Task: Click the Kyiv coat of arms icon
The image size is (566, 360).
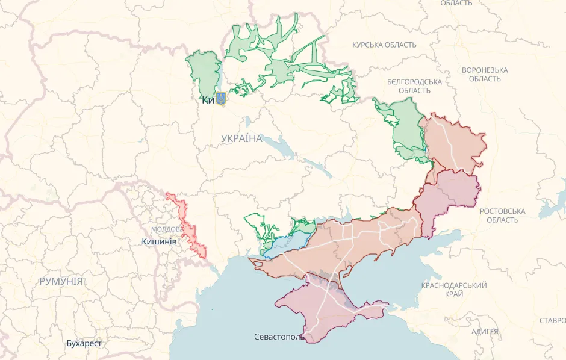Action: [220, 98]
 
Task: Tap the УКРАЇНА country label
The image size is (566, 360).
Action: [241, 138]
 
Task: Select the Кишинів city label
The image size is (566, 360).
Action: [158, 241]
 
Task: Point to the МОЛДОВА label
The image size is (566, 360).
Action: [167, 229]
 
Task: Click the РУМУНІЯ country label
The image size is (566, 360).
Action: [61, 281]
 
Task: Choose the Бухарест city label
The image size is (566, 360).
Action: [84, 343]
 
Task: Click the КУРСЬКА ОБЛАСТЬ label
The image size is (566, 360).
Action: [384, 45]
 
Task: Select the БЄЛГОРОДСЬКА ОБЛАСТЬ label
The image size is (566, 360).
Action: [414, 86]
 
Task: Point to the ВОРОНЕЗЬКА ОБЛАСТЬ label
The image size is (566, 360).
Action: [485, 74]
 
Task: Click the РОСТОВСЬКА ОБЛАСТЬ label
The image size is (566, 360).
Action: [502, 216]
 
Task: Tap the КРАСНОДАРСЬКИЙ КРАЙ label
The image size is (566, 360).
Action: [454, 289]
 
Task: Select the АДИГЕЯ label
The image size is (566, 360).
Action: [485, 332]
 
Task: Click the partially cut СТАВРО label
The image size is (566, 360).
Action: [552, 320]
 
